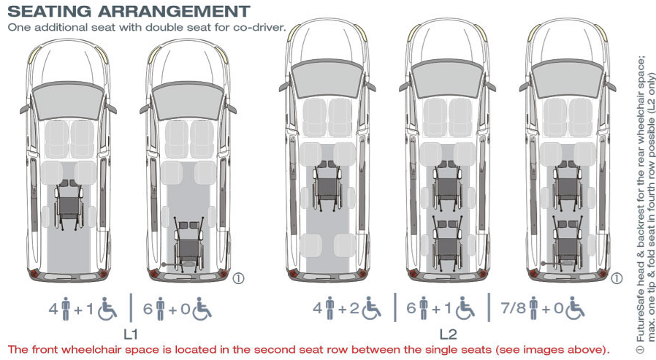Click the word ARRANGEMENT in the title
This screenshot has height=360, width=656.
tap(174, 11)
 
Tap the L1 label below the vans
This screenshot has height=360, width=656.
tap(131, 334)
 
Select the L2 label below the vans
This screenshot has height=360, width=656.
tap(448, 334)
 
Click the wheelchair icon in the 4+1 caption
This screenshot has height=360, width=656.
tap(107, 310)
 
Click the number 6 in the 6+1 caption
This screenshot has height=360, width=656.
tap(411, 309)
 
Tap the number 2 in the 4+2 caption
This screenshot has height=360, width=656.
tap(354, 309)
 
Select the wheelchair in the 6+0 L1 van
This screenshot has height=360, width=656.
tap(189, 245)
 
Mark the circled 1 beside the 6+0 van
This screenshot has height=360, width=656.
tap(238, 278)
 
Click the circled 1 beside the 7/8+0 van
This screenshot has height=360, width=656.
tap(617, 278)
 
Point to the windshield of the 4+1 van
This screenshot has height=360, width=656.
tap(68, 100)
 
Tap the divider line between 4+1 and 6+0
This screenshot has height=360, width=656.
tap(131, 307)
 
